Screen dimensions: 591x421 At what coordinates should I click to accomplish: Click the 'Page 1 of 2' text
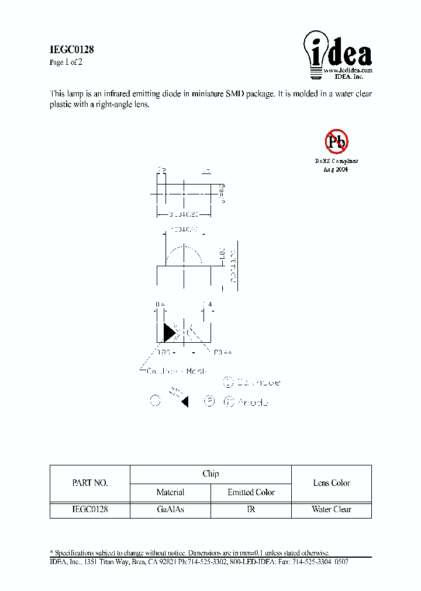point(66,62)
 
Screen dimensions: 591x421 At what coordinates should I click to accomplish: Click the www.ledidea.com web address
point(348,70)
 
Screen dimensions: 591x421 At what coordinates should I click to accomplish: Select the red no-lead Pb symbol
point(336,141)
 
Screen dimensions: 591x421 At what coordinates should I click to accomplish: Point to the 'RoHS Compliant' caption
point(336,161)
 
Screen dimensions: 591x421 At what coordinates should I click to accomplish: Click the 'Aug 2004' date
point(336,169)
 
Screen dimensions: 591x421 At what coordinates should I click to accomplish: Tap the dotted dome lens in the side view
point(184,255)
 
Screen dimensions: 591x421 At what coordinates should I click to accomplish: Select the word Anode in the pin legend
point(253,402)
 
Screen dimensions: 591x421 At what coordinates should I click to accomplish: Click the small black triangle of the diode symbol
point(185,402)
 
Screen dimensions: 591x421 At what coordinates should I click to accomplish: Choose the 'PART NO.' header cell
point(89,483)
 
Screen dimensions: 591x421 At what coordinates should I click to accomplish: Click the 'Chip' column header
point(210,474)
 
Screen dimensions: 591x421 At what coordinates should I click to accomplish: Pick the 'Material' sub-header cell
point(170,492)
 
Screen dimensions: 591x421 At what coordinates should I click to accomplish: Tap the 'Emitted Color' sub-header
point(251,492)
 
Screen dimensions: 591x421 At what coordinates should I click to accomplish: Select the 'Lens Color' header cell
point(332,483)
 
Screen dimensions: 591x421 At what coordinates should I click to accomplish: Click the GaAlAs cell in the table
point(170,509)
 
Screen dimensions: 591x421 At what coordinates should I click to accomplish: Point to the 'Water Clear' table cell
point(332,509)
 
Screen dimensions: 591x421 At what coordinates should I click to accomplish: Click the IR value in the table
point(251,509)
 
